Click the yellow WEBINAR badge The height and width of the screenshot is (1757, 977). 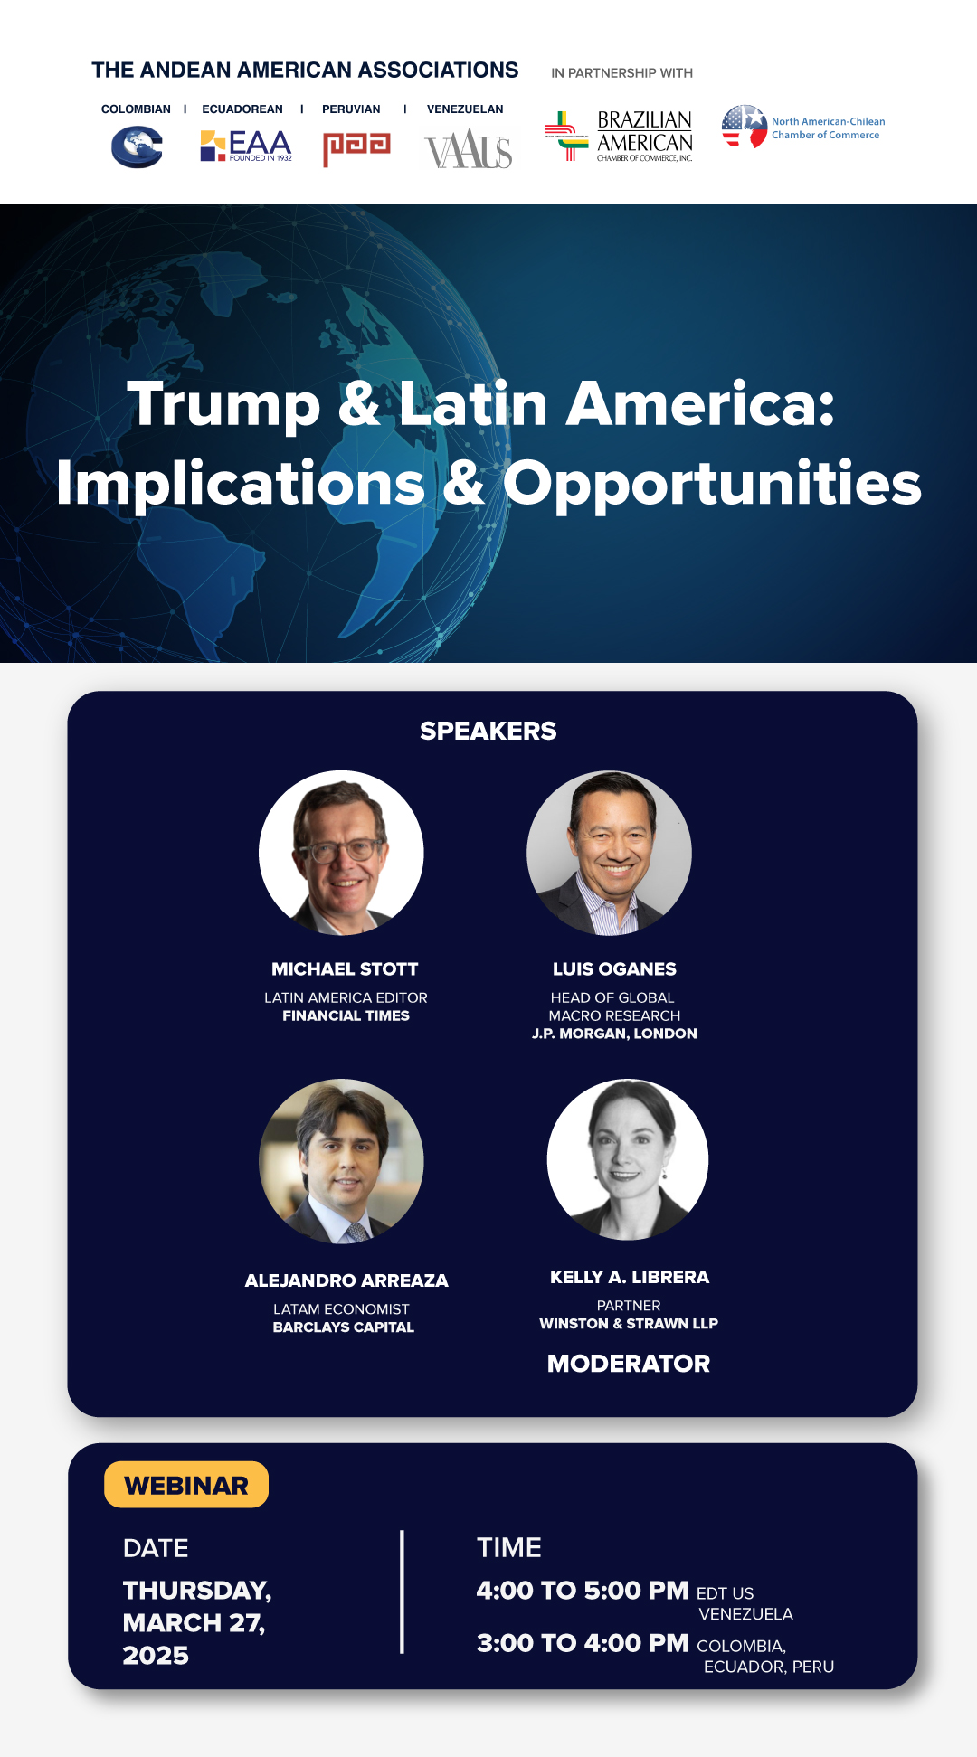pyautogui.click(x=186, y=1485)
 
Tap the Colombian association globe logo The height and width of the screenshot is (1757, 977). pyautogui.click(x=137, y=146)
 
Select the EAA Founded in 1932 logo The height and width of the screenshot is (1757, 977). pyautogui.click(x=246, y=146)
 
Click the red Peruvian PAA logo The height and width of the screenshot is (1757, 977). pyautogui.click(x=356, y=148)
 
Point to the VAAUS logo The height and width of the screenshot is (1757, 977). pyautogui.click(x=469, y=149)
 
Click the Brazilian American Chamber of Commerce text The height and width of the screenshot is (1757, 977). pyautogui.click(x=645, y=137)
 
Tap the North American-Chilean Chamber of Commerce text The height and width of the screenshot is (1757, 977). pyautogui.click(x=828, y=128)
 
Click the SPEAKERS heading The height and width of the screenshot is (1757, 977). pyautogui.click(x=488, y=731)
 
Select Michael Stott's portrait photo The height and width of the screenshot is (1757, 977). pyautogui.click(x=341, y=853)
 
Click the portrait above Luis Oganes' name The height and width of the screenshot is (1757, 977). pyautogui.click(x=610, y=853)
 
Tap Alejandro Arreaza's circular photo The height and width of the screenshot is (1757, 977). pyautogui.click(x=341, y=1161)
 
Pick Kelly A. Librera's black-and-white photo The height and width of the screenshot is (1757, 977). pyautogui.click(x=628, y=1159)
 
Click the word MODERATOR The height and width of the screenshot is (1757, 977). pyautogui.click(x=629, y=1364)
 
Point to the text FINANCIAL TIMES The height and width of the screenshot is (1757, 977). pyautogui.click(x=346, y=1016)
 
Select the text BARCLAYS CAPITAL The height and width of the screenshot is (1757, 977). pyautogui.click(x=344, y=1327)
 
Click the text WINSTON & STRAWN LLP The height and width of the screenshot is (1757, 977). pyautogui.click(x=629, y=1324)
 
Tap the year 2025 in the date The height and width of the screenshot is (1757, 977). pyautogui.click(x=156, y=1656)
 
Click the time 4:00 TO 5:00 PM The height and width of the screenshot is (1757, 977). pyautogui.click(x=583, y=1591)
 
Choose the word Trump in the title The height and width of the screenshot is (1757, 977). pyautogui.click(x=224, y=404)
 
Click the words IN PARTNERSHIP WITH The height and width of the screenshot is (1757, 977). pyautogui.click(x=622, y=73)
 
